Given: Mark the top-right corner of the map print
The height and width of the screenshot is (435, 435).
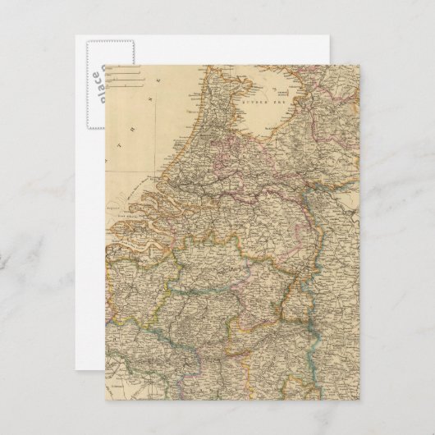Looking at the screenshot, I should click(x=359, y=65).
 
